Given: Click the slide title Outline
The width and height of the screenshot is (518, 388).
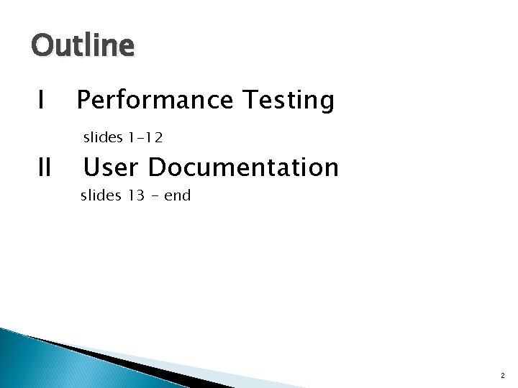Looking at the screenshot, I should pos(82,46).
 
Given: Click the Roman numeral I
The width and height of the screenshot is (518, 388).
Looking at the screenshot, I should pos(41,101).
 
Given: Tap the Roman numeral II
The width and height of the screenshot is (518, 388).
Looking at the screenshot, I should pos(44,167).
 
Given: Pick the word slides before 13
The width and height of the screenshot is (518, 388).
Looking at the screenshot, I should pos(100,195).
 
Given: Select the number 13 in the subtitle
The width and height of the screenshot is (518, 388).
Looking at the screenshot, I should pos(136,195).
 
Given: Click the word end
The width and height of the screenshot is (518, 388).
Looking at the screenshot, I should pos(177,195).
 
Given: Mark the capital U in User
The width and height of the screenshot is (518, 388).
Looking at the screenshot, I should pos(93,167).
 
